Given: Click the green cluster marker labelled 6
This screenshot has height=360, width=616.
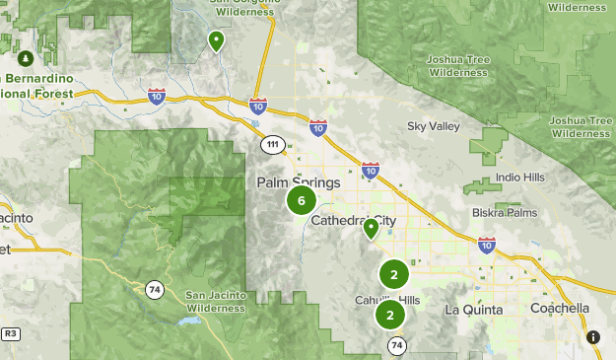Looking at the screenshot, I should pyautogui.click(x=301, y=201).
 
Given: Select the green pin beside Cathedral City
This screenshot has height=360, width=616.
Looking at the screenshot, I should pyautogui.click(x=371, y=229).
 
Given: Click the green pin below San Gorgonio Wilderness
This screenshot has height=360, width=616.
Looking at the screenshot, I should pyautogui.click(x=216, y=40).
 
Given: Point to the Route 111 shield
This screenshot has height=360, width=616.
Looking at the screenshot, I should pyautogui.click(x=272, y=145).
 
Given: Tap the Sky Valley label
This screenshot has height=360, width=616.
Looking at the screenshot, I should pyautogui.click(x=434, y=126).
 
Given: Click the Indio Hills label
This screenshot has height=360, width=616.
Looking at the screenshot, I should pyautogui.click(x=520, y=178).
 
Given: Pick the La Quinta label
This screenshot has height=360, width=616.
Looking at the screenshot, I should pyautogui.click(x=473, y=310).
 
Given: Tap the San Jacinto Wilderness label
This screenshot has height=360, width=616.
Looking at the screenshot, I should pyautogui.click(x=214, y=302).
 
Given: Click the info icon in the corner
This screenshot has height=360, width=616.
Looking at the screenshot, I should pyautogui.click(x=593, y=337).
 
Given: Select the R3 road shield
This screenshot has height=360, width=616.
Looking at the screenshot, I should pyautogui.click(x=9, y=334).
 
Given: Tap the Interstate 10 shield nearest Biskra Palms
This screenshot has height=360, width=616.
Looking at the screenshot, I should pyautogui.click(x=486, y=245).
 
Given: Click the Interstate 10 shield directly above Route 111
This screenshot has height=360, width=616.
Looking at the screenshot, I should pyautogui.click(x=257, y=106).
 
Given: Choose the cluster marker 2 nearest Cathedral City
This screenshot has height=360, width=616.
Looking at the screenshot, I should pyautogui.click(x=393, y=275).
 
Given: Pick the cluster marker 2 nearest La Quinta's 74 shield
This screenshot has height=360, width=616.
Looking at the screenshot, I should pyautogui.click(x=390, y=316).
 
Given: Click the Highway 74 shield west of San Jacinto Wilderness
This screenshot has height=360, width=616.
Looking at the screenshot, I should pyautogui.click(x=154, y=289).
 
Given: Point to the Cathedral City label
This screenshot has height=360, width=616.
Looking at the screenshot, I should pyautogui.click(x=353, y=221).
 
